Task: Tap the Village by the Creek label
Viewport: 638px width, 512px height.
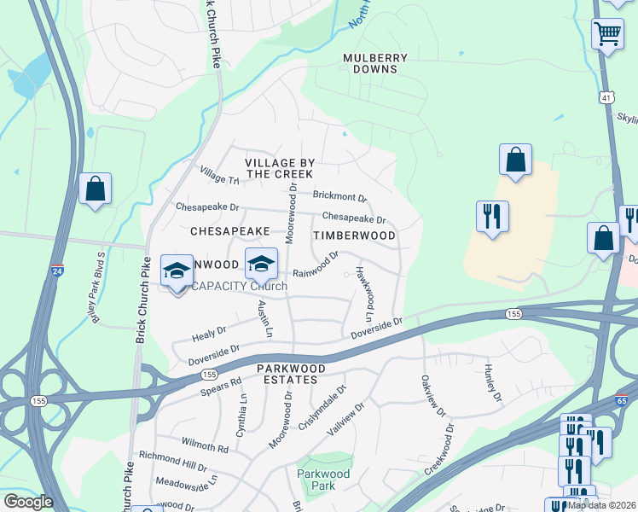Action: pyautogui.click(x=281, y=168)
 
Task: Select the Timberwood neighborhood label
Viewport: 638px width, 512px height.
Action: pyautogui.click(x=355, y=236)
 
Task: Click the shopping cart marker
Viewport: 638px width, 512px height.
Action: pyautogui.click(x=607, y=35)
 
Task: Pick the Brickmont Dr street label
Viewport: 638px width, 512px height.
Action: pyautogui.click(x=339, y=196)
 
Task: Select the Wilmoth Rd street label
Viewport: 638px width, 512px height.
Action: pyautogui.click(x=206, y=447)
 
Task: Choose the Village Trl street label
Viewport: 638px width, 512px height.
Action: pyautogui.click(x=220, y=177)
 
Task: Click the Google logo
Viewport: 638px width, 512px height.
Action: pyautogui.click(x=27, y=502)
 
